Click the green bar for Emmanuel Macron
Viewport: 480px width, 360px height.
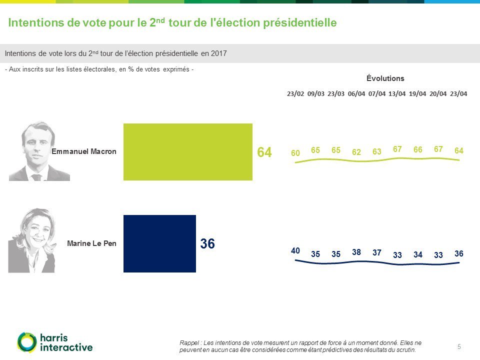point(188,151)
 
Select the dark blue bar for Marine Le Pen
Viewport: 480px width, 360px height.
point(159,243)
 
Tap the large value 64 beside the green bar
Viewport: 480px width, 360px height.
point(264,152)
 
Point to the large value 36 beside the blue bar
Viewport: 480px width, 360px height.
point(207,244)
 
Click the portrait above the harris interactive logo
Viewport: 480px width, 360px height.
point(32,241)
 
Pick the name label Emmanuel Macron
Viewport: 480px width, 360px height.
point(84,152)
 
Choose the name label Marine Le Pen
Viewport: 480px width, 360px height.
point(91,244)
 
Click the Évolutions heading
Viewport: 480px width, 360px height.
point(385,78)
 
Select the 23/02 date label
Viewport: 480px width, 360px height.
point(295,93)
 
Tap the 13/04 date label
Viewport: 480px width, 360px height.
point(397,93)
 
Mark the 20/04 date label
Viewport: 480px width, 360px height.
point(438,93)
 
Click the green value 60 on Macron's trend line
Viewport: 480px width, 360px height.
point(295,153)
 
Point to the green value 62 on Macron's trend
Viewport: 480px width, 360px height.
point(356,152)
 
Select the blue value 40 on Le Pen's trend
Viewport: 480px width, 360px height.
point(295,250)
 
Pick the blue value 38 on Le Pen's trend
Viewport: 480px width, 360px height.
point(356,252)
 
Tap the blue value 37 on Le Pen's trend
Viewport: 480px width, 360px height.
point(377,252)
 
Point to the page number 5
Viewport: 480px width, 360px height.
point(459,346)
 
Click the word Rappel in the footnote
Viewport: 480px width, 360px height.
point(188,342)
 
